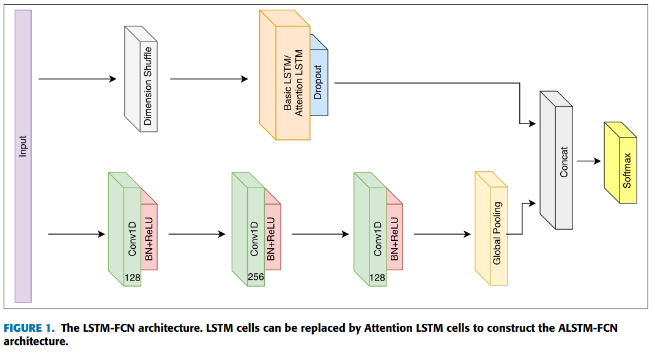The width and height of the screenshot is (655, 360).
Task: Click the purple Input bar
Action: click(x=23, y=156)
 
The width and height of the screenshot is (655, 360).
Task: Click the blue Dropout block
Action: click(x=319, y=83)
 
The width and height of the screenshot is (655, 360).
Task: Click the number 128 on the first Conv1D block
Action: click(x=132, y=278)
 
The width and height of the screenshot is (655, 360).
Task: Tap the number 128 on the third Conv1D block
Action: click(x=378, y=278)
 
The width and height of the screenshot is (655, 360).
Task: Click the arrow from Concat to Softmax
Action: click(x=588, y=161)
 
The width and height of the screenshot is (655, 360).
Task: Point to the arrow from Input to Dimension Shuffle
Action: click(x=77, y=79)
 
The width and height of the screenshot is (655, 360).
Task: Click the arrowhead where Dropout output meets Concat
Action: click(x=531, y=124)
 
